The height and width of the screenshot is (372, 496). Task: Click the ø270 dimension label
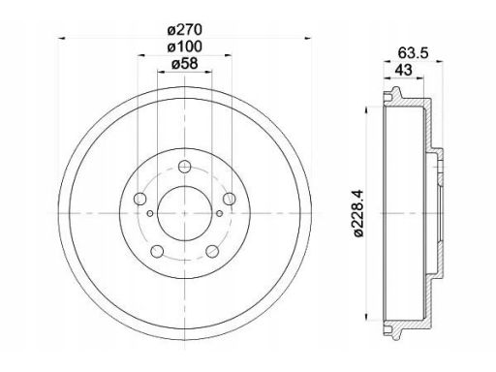[x=184, y=30]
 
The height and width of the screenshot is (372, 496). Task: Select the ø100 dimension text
[x=184, y=47]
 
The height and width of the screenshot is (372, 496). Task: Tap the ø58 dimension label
[x=184, y=64]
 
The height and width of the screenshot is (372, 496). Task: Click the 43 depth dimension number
[x=404, y=70]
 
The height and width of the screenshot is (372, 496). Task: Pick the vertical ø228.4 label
[x=358, y=213]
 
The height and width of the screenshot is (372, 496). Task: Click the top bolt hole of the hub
[x=184, y=167]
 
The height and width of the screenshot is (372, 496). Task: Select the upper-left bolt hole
[x=139, y=199]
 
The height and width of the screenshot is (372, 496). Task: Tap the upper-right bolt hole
[x=230, y=199]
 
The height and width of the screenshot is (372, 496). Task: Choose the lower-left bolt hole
[x=157, y=251]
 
